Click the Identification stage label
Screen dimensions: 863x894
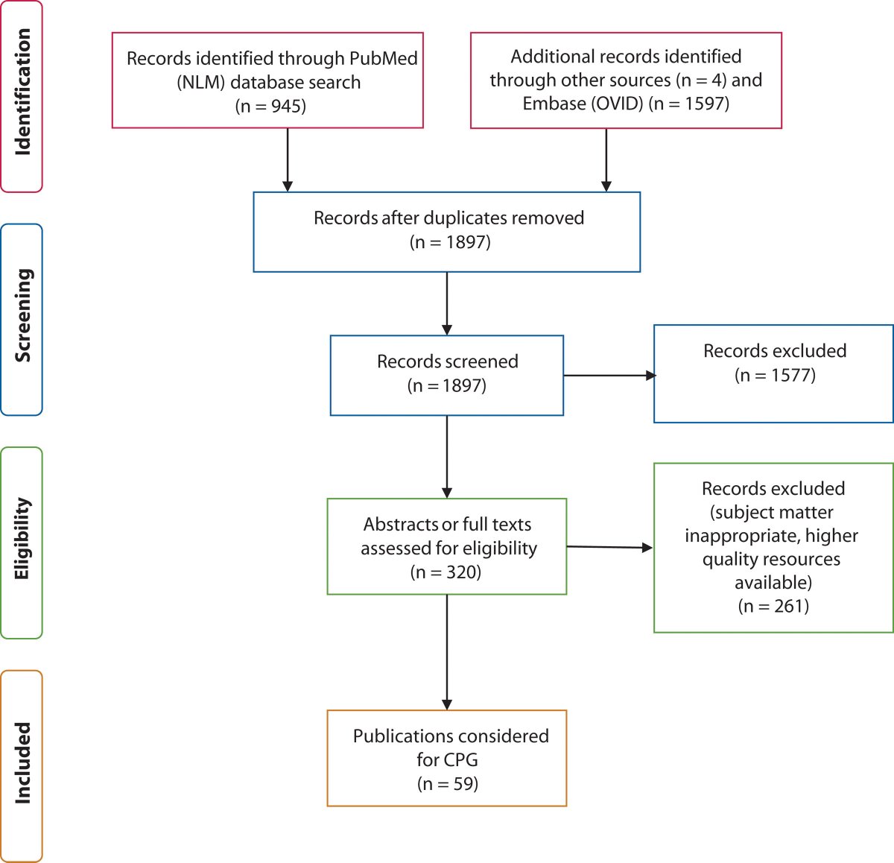(x=22, y=92)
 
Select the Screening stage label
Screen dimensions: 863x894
(x=22, y=316)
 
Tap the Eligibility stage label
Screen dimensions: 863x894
(x=22, y=539)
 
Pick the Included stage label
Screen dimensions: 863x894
(x=22, y=762)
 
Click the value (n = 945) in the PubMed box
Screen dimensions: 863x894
(x=270, y=106)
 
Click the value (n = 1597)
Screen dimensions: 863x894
(x=688, y=104)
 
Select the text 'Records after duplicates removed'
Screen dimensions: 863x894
(x=448, y=218)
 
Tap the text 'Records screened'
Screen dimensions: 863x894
(x=447, y=361)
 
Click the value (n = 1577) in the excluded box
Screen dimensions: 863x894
(x=775, y=375)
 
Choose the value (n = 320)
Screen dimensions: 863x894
(x=446, y=572)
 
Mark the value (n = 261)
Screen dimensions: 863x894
(x=773, y=606)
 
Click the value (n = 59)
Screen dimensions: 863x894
(x=447, y=783)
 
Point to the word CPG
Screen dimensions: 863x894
(x=460, y=759)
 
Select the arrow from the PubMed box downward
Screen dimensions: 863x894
(x=288, y=159)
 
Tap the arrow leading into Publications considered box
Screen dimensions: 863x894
(x=447, y=652)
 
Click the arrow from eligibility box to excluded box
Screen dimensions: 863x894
(x=609, y=547)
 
